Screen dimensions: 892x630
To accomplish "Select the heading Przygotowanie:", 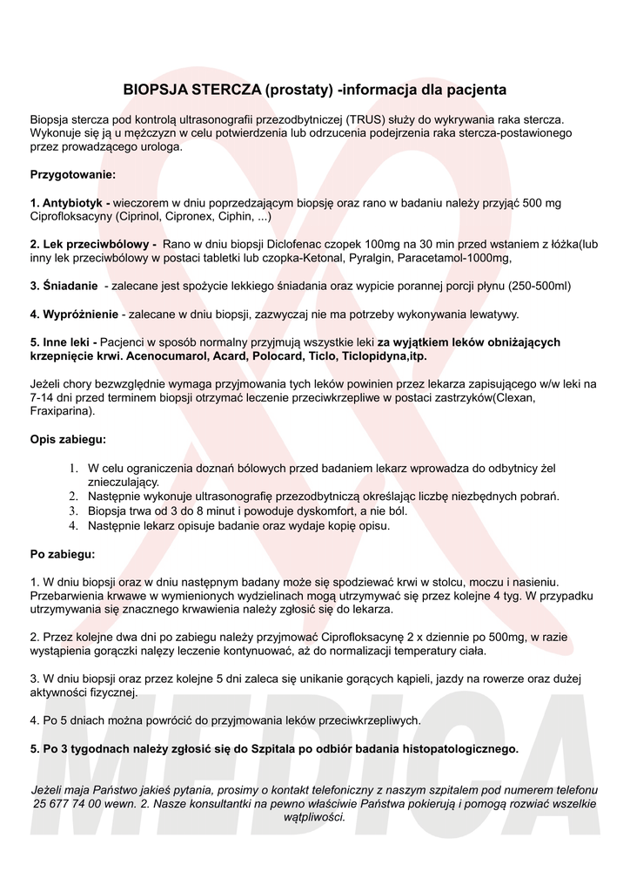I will pos(73,175).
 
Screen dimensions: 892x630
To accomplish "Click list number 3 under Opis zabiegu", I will pos(75,510).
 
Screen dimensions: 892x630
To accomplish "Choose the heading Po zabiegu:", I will pos(63,553).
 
